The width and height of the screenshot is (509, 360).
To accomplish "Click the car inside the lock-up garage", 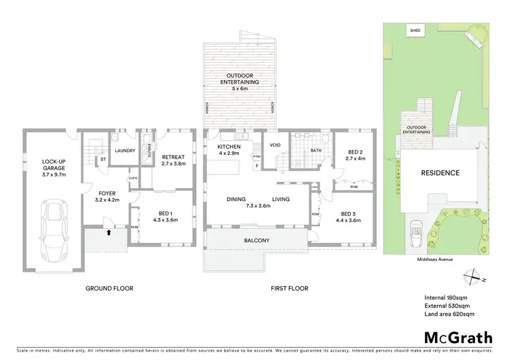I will click(52, 224).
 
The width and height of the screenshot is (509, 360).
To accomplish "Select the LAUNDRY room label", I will click(125, 151).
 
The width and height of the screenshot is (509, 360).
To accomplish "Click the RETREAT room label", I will click(174, 158).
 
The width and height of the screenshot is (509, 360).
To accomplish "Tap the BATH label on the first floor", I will click(315, 151).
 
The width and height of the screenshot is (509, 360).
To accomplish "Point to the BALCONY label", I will click(257, 240).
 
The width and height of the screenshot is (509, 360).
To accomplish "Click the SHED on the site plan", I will click(414, 31).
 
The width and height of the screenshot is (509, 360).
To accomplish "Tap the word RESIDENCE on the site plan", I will click(440, 173).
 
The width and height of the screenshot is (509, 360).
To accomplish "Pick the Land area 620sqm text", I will click(448, 314).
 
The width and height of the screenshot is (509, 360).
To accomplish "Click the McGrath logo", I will click(455, 338).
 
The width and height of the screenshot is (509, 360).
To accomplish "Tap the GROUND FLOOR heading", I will click(109, 289).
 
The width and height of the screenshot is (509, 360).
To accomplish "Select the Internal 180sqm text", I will click(444, 297).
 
